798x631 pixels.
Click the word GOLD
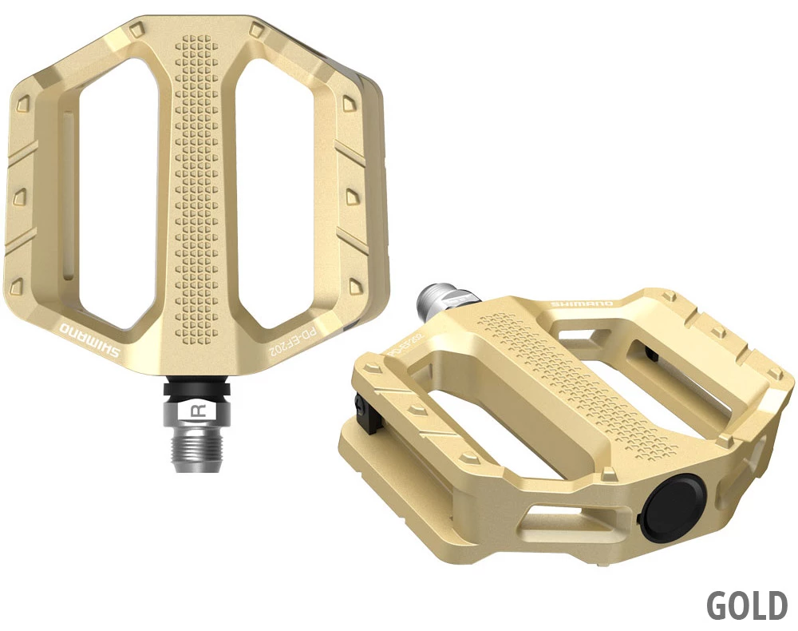747,606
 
